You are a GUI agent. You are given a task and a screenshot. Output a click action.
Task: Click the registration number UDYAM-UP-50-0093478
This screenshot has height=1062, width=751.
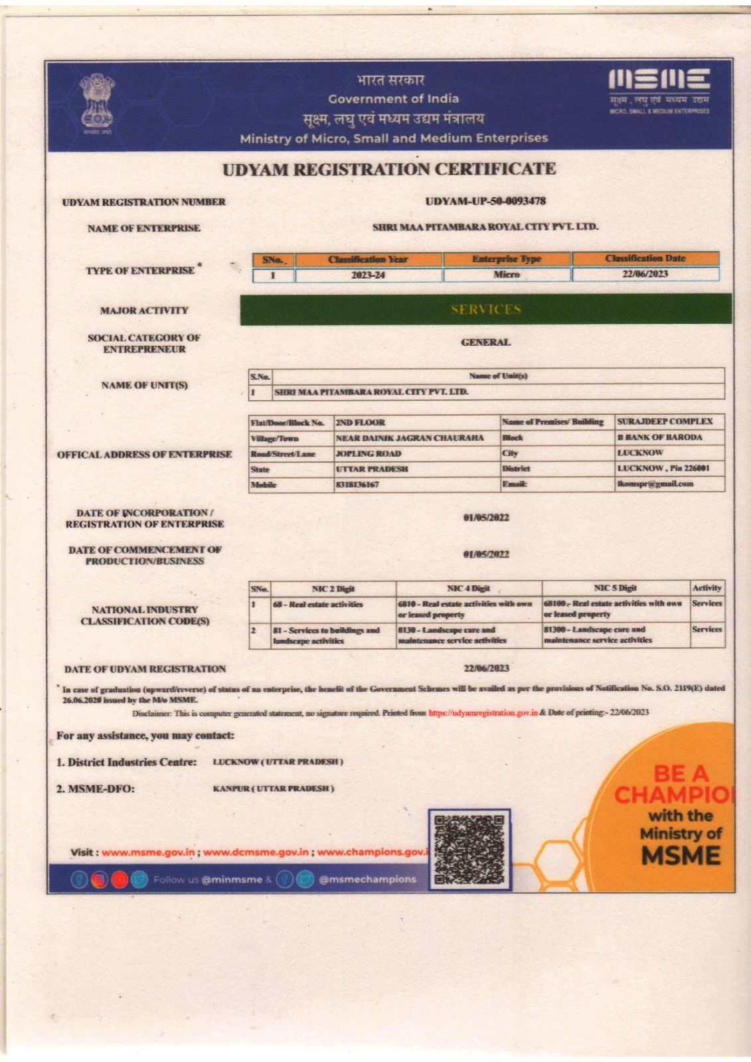point(485,200)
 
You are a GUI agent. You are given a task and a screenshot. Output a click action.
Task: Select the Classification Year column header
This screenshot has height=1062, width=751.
point(368,259)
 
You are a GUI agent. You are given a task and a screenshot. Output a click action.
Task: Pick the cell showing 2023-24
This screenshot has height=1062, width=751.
point(368,275)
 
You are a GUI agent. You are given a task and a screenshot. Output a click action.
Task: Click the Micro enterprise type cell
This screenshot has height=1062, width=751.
point(507,274)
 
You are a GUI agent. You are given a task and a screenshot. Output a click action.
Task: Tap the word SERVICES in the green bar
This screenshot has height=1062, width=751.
point(486,309)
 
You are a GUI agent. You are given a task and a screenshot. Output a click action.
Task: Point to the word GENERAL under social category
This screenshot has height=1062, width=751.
point(485,342)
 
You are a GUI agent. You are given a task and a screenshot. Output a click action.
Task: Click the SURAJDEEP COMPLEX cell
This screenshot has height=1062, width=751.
point(664,421)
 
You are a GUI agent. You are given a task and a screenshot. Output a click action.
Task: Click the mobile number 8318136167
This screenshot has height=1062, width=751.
point(358,485)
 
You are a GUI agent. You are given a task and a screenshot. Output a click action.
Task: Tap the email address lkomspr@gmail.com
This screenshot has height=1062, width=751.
point(655,484)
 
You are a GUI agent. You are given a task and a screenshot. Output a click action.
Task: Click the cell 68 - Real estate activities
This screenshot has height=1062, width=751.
point(318,605)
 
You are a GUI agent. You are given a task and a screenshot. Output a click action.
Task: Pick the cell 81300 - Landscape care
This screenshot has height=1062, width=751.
point(598,635)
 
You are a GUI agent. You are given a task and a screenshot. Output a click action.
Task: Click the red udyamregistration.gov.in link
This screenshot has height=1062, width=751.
point(483,712)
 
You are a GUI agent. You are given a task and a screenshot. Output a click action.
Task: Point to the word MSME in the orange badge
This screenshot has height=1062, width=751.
point(681,856)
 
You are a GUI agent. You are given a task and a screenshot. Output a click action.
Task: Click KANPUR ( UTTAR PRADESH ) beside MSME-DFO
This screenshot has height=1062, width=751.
point(274,789)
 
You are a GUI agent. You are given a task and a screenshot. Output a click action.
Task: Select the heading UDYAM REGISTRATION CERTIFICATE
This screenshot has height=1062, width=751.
point(389,169)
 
